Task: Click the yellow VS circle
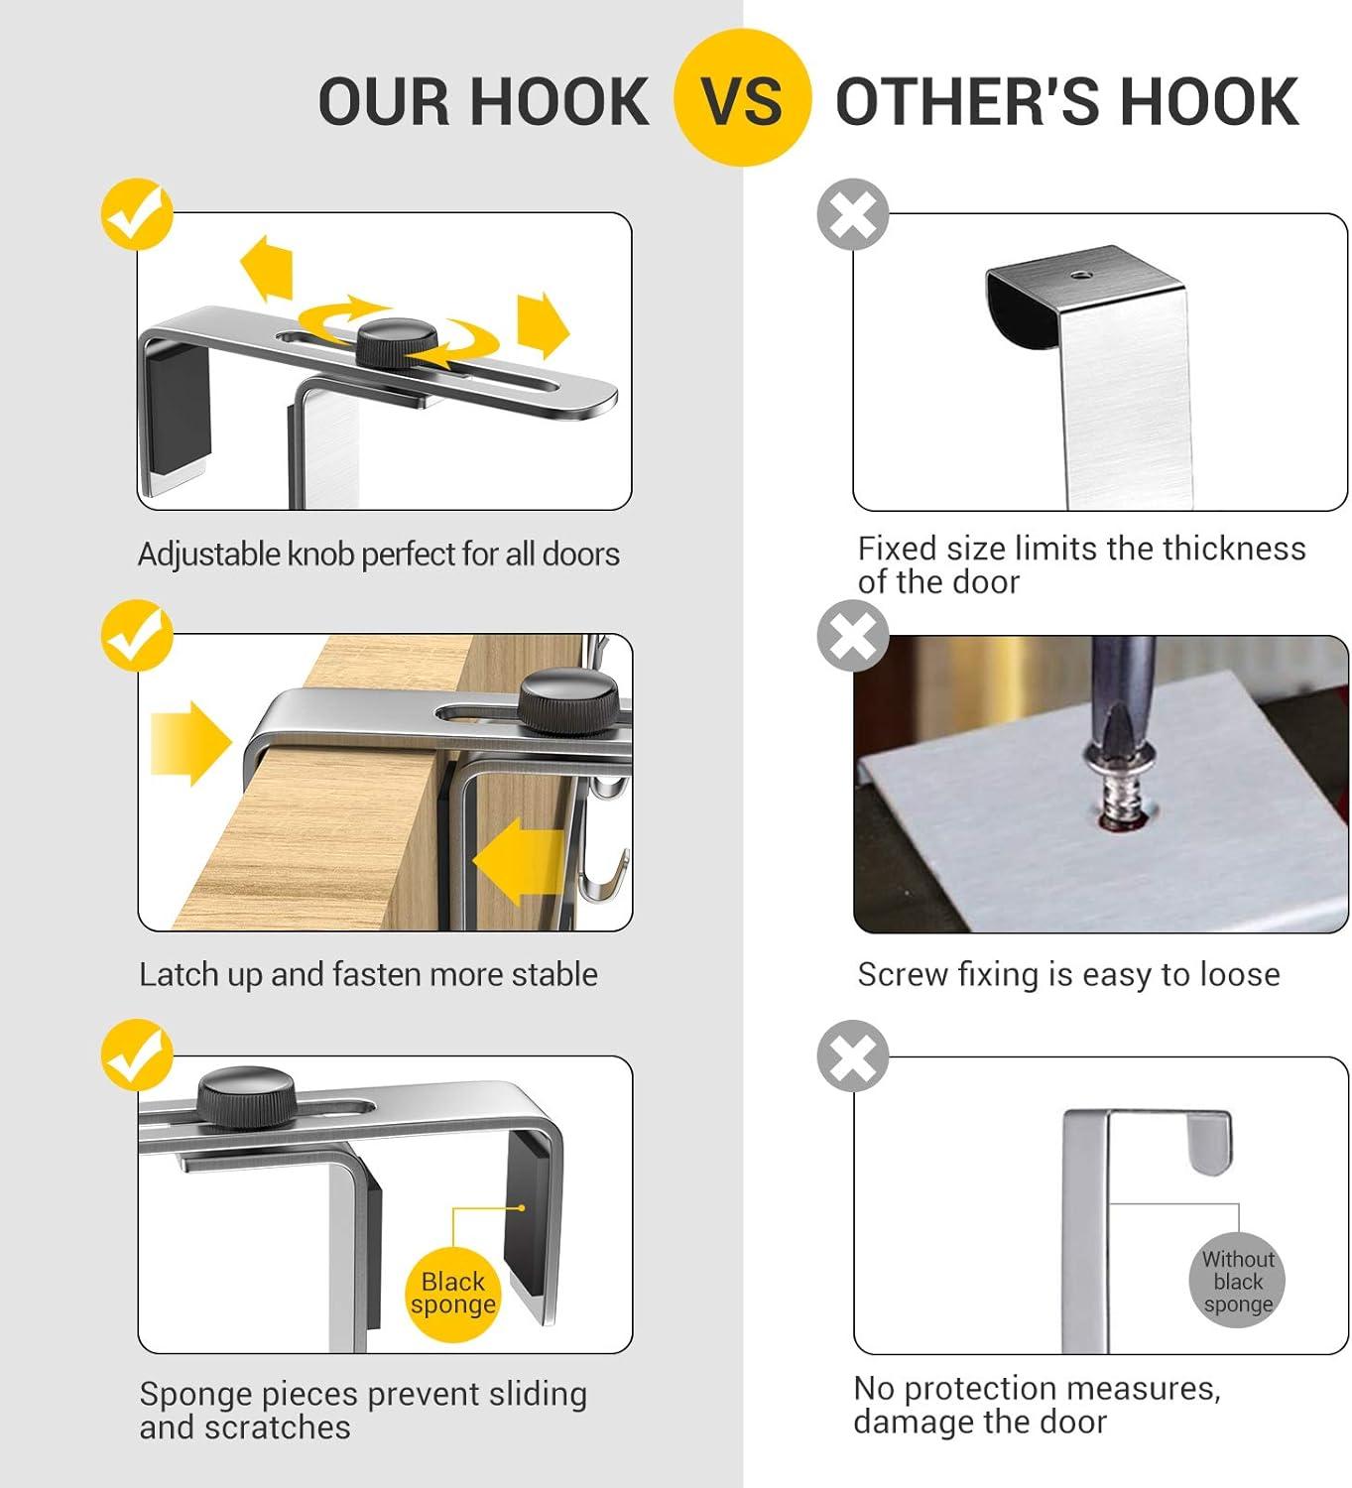[742, 97]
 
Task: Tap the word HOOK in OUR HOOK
[560, 101]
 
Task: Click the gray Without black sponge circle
[1237, 1281]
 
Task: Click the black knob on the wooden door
[567, 701]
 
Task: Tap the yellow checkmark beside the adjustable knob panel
[137, 213]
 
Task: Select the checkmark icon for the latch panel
[137, 636]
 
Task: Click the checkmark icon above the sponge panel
[137, 1054]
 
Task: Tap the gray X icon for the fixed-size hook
[853, 214]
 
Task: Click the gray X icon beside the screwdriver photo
[853, 636]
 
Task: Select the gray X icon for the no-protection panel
[853, 1055]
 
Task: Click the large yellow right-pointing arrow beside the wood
[190, 743]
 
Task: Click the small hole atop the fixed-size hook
[1080, 275]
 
